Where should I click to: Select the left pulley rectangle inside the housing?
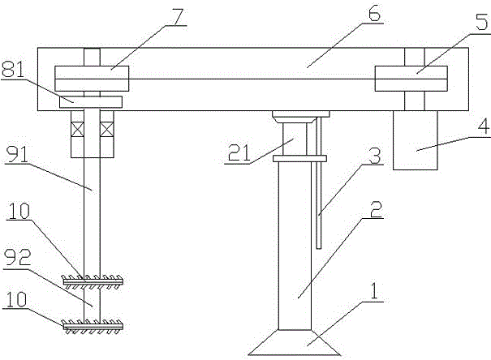91,79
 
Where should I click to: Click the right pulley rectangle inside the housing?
411,79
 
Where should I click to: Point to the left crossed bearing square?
77,128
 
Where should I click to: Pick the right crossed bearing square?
106,128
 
